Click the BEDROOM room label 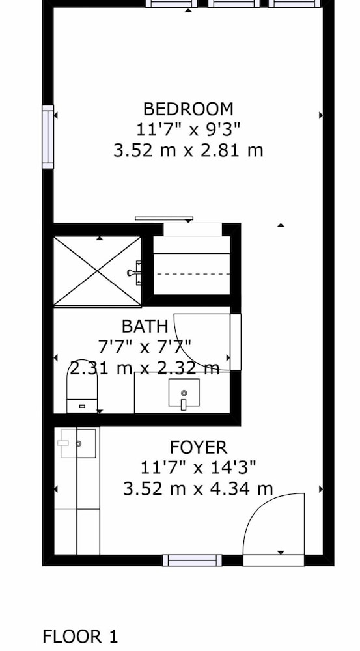[x=188, y=109]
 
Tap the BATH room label [x=145, y=326]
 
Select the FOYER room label [x=199, y=448]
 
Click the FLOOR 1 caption [x=80, y=637]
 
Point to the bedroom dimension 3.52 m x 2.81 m [x=189, y=150]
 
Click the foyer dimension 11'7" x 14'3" [x=199, y=468]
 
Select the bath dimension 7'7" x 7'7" [x=145, y=347]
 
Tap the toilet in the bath [x=82, y=386]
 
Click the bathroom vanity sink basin [x=184, y=393]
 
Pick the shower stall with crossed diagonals [x=98, y=271]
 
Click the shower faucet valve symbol [x=135, y=272]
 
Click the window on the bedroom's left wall [x=48, y=137]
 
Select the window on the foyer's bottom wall [x=192, y=561]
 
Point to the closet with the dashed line [x=192, y=266]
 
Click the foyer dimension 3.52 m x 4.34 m [x=199, y=489]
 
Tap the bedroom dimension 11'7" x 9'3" [x=189, y=130]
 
